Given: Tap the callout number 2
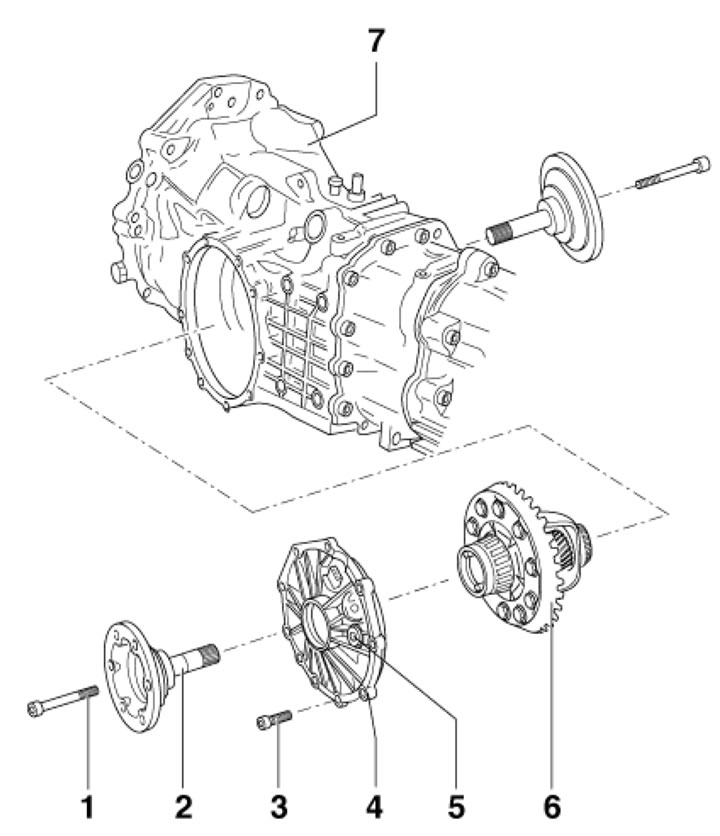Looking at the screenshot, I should coord(183,804).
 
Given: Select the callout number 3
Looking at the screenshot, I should coord(279,804).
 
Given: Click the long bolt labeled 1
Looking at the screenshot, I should coord(60,700).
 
